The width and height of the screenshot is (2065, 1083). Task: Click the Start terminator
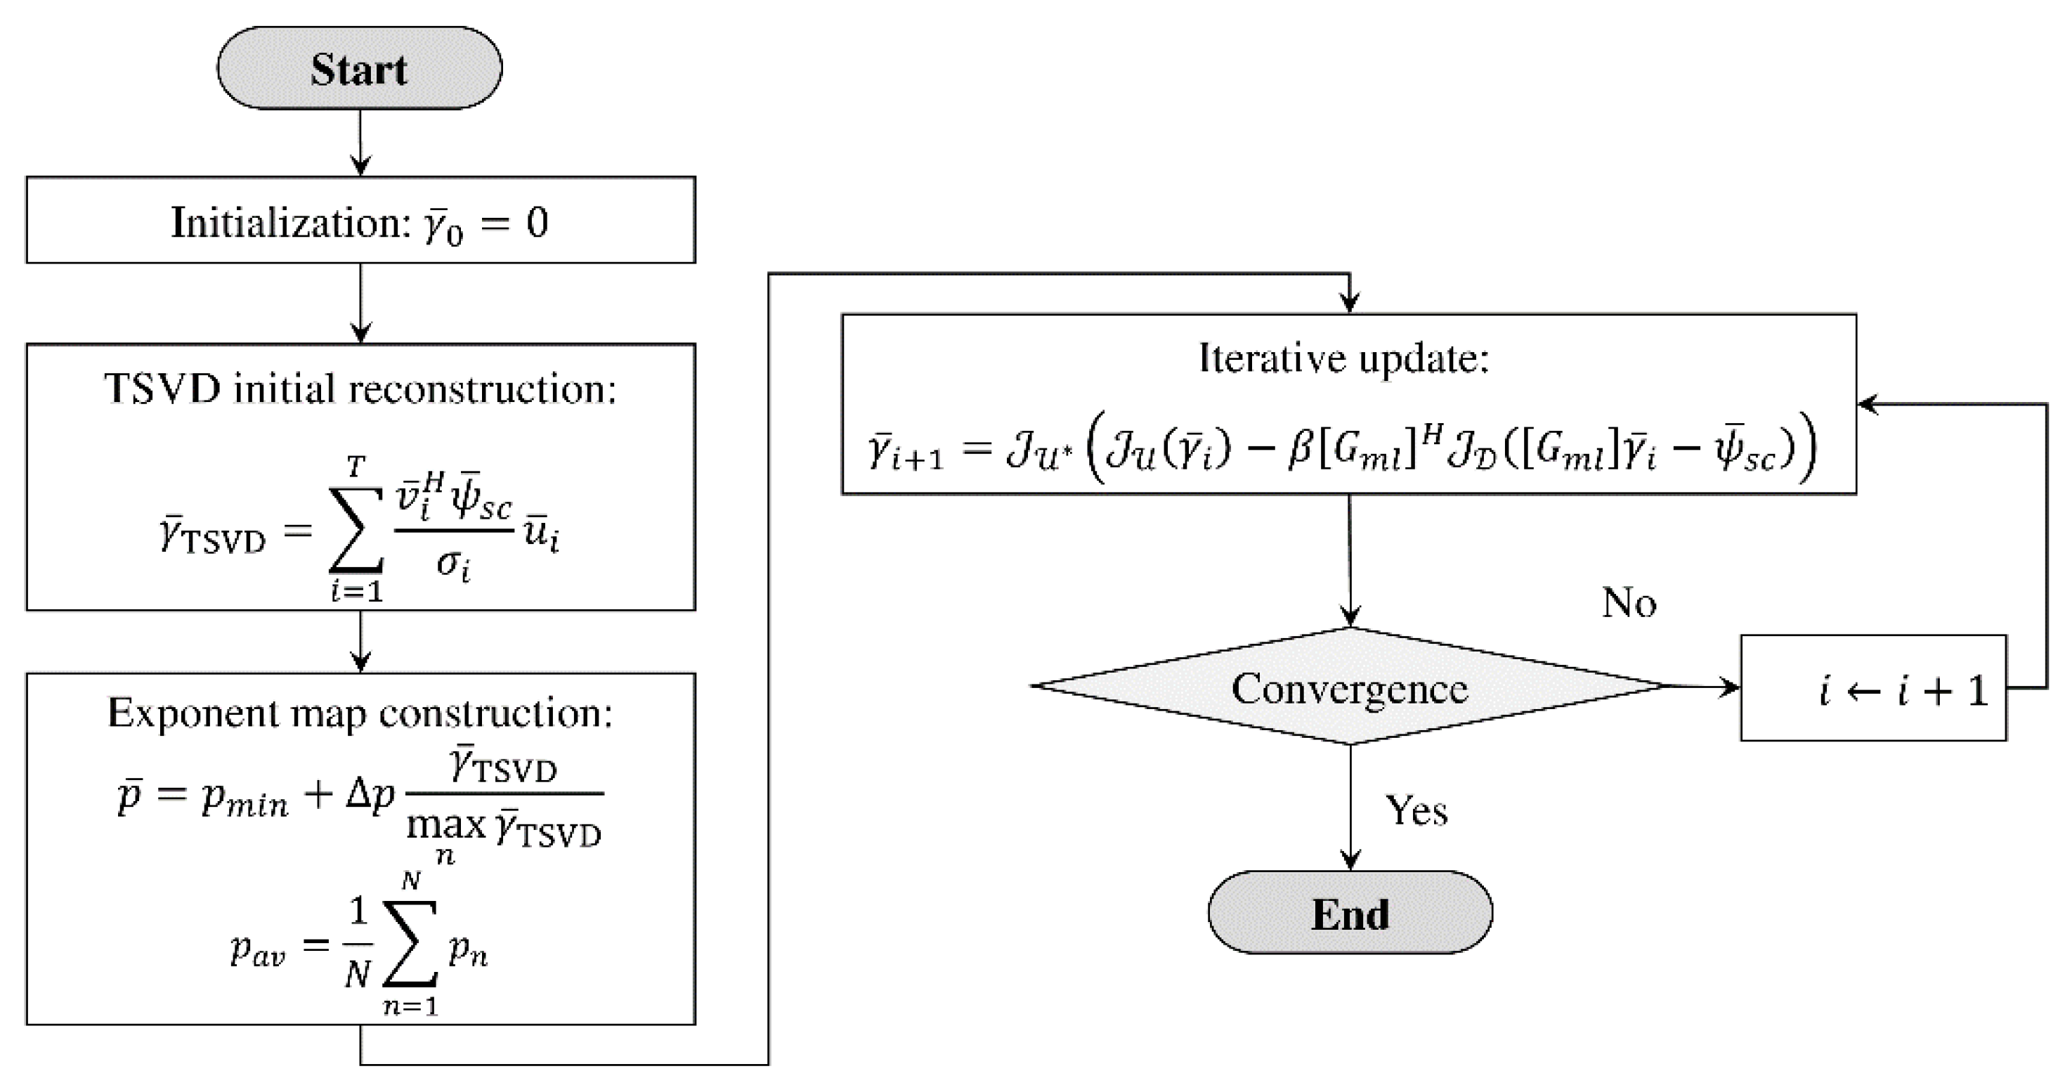coord(359,69)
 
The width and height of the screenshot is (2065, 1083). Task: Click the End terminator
coord(1350,913)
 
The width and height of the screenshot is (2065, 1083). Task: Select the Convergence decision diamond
coord(1350,688)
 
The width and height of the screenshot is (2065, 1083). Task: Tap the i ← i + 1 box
coord(1872,689)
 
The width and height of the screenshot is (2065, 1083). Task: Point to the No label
coord(1628,602)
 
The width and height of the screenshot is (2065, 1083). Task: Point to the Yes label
coord(1416,810)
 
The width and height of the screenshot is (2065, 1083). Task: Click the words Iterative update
coord(1343,358)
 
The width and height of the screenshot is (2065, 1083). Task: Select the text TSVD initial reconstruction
coord(360,389)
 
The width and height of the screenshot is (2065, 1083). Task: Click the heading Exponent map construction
coord(360,713)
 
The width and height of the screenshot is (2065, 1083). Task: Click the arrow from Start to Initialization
coord(360,143)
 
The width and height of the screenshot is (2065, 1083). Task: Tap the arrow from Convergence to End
coord(1350,805)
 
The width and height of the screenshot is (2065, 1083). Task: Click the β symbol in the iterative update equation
coord(1298,449)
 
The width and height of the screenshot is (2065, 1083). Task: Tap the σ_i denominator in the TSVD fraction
coord(453,564)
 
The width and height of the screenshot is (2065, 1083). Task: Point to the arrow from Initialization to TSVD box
coord(360,303)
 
